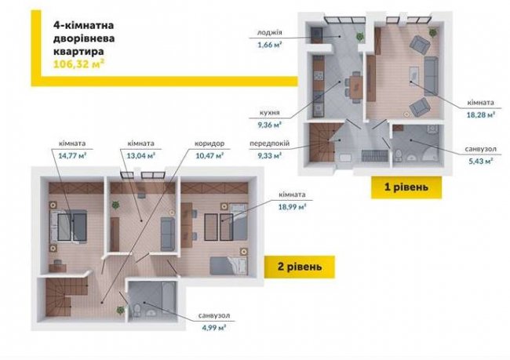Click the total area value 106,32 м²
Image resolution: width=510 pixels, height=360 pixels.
[78, 64]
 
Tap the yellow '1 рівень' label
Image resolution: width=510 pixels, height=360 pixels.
[406, 187]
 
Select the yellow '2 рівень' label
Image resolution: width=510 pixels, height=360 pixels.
[299, 267]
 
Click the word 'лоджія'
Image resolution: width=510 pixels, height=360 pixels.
[270, 32]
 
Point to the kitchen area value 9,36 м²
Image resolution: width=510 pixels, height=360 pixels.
[270, 125]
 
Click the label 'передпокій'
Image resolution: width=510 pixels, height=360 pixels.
[270, 144]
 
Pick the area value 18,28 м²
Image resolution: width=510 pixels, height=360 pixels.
[481, 115]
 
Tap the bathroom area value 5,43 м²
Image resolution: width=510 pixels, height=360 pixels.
[481, 161]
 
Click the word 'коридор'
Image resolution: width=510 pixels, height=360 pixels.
[209, 144]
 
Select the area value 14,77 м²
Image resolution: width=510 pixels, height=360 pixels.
[72, 155]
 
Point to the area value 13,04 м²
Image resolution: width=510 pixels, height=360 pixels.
[140, 155]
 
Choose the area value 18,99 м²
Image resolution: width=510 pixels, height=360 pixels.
[292, 207]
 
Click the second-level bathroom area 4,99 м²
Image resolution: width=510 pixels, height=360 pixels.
[214, 328]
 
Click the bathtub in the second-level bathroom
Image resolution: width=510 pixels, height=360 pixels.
[169, 298]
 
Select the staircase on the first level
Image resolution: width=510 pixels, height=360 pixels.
[322, 143]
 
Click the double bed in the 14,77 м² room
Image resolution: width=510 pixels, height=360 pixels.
[68, 227]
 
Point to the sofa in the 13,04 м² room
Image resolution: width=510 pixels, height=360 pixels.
[168, 234]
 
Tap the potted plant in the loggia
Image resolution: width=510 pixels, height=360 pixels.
[359, 36]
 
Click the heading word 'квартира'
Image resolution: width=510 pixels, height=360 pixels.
[78, 52]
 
